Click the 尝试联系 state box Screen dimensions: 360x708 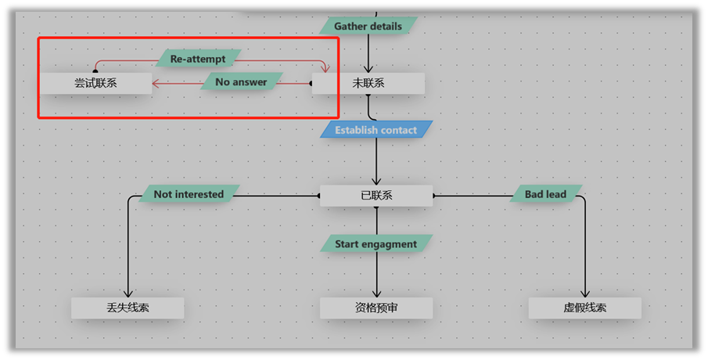pyautogui.click(x=96, y=83)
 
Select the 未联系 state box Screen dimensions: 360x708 pyautogui.click(x=368, y=83)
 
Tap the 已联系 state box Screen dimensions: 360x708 pyautogui.click(x=376, y=196)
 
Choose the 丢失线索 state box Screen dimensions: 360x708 pyautogui.click(x=128, y=308)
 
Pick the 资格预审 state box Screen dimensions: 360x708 pyautogui.click(x=376, y=308)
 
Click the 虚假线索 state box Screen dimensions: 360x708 pyautogui.click(x=585, y=308)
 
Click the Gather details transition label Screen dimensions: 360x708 pyautogui.click(x=368, y=26)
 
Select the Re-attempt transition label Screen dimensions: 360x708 pyautogui.click(x=198, y=59)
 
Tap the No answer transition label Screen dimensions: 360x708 pyautogui.click(x=241, y=81)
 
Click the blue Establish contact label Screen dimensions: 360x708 pyautogui.click(x=376, y=130)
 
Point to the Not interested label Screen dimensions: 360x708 pyautogui.click(x=189, y=194)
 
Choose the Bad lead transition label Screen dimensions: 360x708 pyautogui.click(x=545, y=194)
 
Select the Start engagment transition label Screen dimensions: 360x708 pyautogui.click(x=376, y=243)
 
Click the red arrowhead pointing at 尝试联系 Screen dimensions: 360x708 pyautogui.click(x=156, y=83)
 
